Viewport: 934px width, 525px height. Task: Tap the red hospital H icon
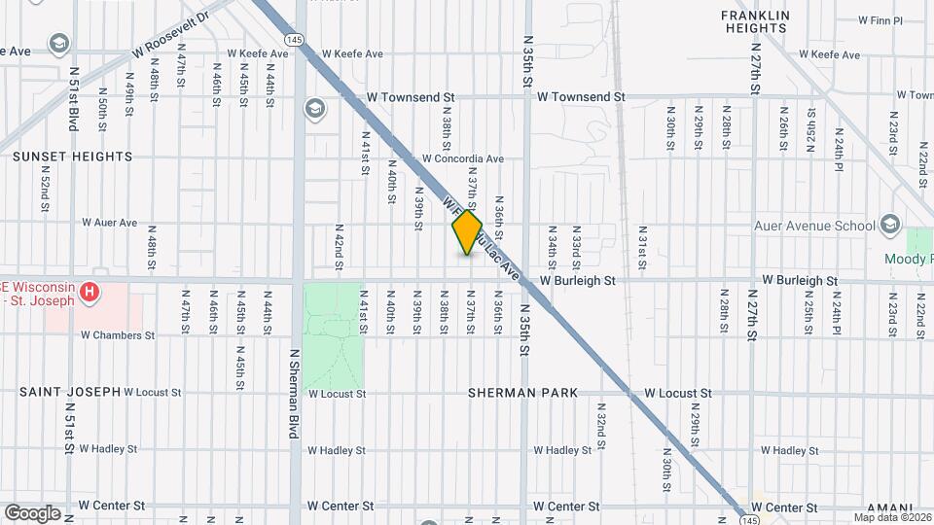click(x=89, y=291)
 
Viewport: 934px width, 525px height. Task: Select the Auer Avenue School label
click(x=815, y=226)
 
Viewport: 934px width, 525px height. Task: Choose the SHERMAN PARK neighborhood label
click(x=522, y=393)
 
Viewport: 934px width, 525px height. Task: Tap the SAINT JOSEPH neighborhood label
click(x=70, y=392)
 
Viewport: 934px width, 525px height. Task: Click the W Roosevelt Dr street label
click(x=171, y=32)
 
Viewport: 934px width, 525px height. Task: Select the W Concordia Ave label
click(x=462, y=158)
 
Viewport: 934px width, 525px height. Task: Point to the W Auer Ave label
click(x=110, y=223)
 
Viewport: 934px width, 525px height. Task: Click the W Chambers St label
click(x=118, y=335)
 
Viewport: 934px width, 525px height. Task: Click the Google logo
click(x=32, y=512)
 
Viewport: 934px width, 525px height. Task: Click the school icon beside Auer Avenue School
click(x=889, y=226)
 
